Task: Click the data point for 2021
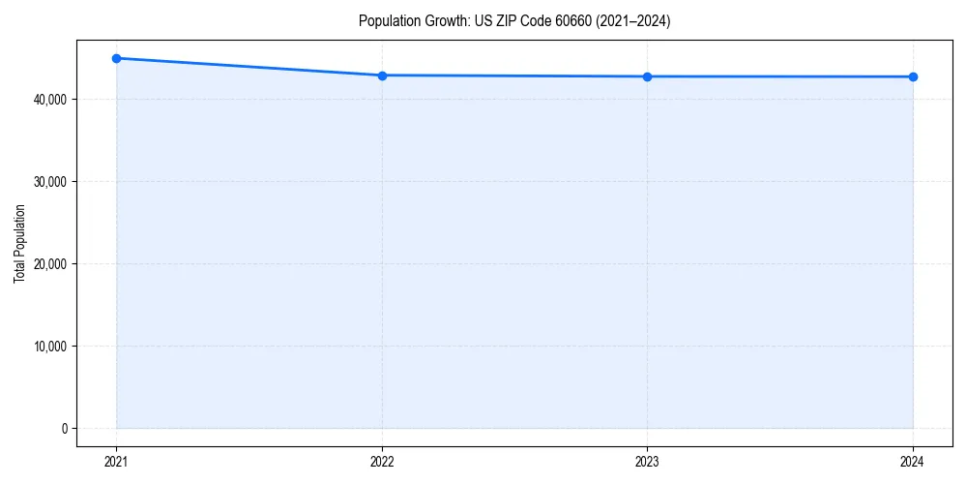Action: pyautogui.click(x=116, y=58)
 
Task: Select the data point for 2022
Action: pyautogui.click(x=382, y=76)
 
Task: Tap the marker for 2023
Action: pyautogui.click(x=647, y=76)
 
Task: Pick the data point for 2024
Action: pyautogui.click(x=913, y=76)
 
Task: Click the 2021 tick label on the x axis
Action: pyautogui.click(x=116, y=462)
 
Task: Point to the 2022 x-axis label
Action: pyautogui.click(x=382, y=462)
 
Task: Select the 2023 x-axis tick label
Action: pyautogui.click(x=647, y=462)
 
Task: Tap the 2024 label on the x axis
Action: pyautogui.click(x=913, y=462)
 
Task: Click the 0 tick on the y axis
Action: pyautogui.click(x=63, y=429)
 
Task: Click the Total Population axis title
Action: pyautogui.click(x=19, y=243)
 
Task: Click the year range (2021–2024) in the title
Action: pyautogui.click(x=632, y=21)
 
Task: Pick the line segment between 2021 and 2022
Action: pyautogui.click(x=249, y=67)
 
